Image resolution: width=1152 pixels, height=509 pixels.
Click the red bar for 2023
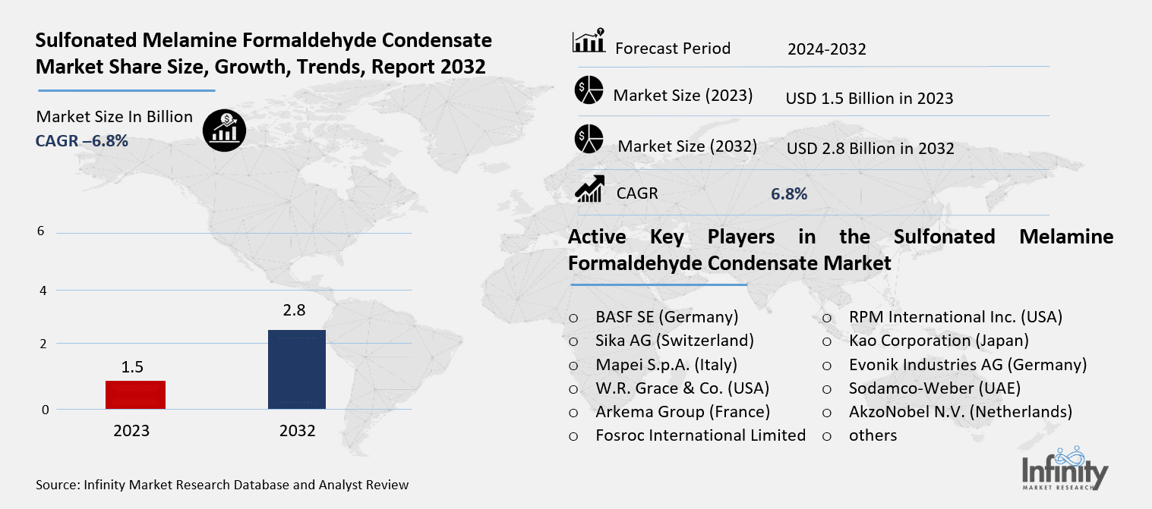[135, 394]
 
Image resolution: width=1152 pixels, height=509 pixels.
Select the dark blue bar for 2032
[297, 369]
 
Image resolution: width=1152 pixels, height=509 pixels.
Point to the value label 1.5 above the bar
[132, 368]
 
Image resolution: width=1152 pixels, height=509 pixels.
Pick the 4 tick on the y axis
[43, 291]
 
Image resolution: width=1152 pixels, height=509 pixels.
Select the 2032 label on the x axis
[297, 431]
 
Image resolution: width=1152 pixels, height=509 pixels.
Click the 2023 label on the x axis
[132, 431]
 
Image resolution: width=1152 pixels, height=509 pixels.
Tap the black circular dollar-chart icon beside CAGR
[223, 131]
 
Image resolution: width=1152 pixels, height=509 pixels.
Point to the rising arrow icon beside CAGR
[590, 189]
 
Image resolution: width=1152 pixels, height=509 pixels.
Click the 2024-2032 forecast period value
[826, 50]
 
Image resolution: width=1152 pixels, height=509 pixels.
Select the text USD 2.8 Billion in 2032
[870, 149]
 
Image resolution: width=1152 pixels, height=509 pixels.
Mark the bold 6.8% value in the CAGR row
[788, 194]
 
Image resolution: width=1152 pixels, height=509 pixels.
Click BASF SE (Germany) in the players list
[667, 317]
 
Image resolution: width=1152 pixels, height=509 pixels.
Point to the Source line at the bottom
[222, 485]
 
